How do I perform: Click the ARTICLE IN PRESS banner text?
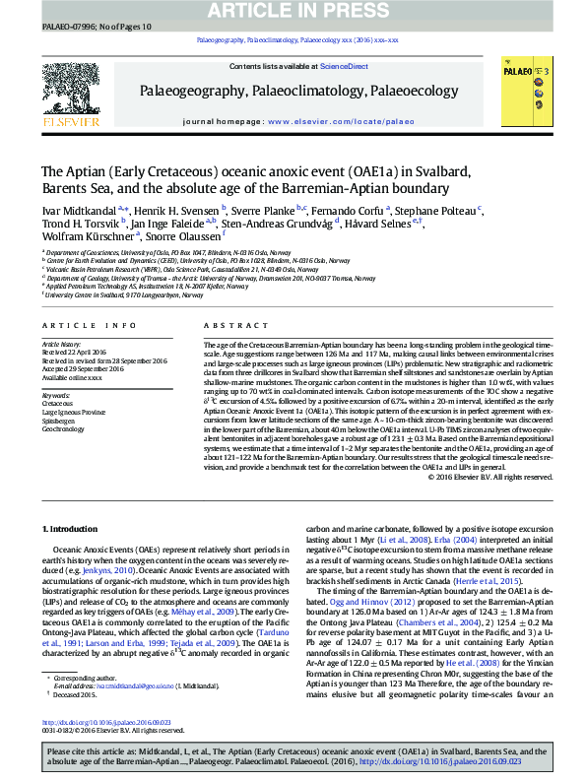pos(293,10)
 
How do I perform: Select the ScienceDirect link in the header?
pos(344,66)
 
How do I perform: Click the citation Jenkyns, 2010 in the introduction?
pos(107,568)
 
